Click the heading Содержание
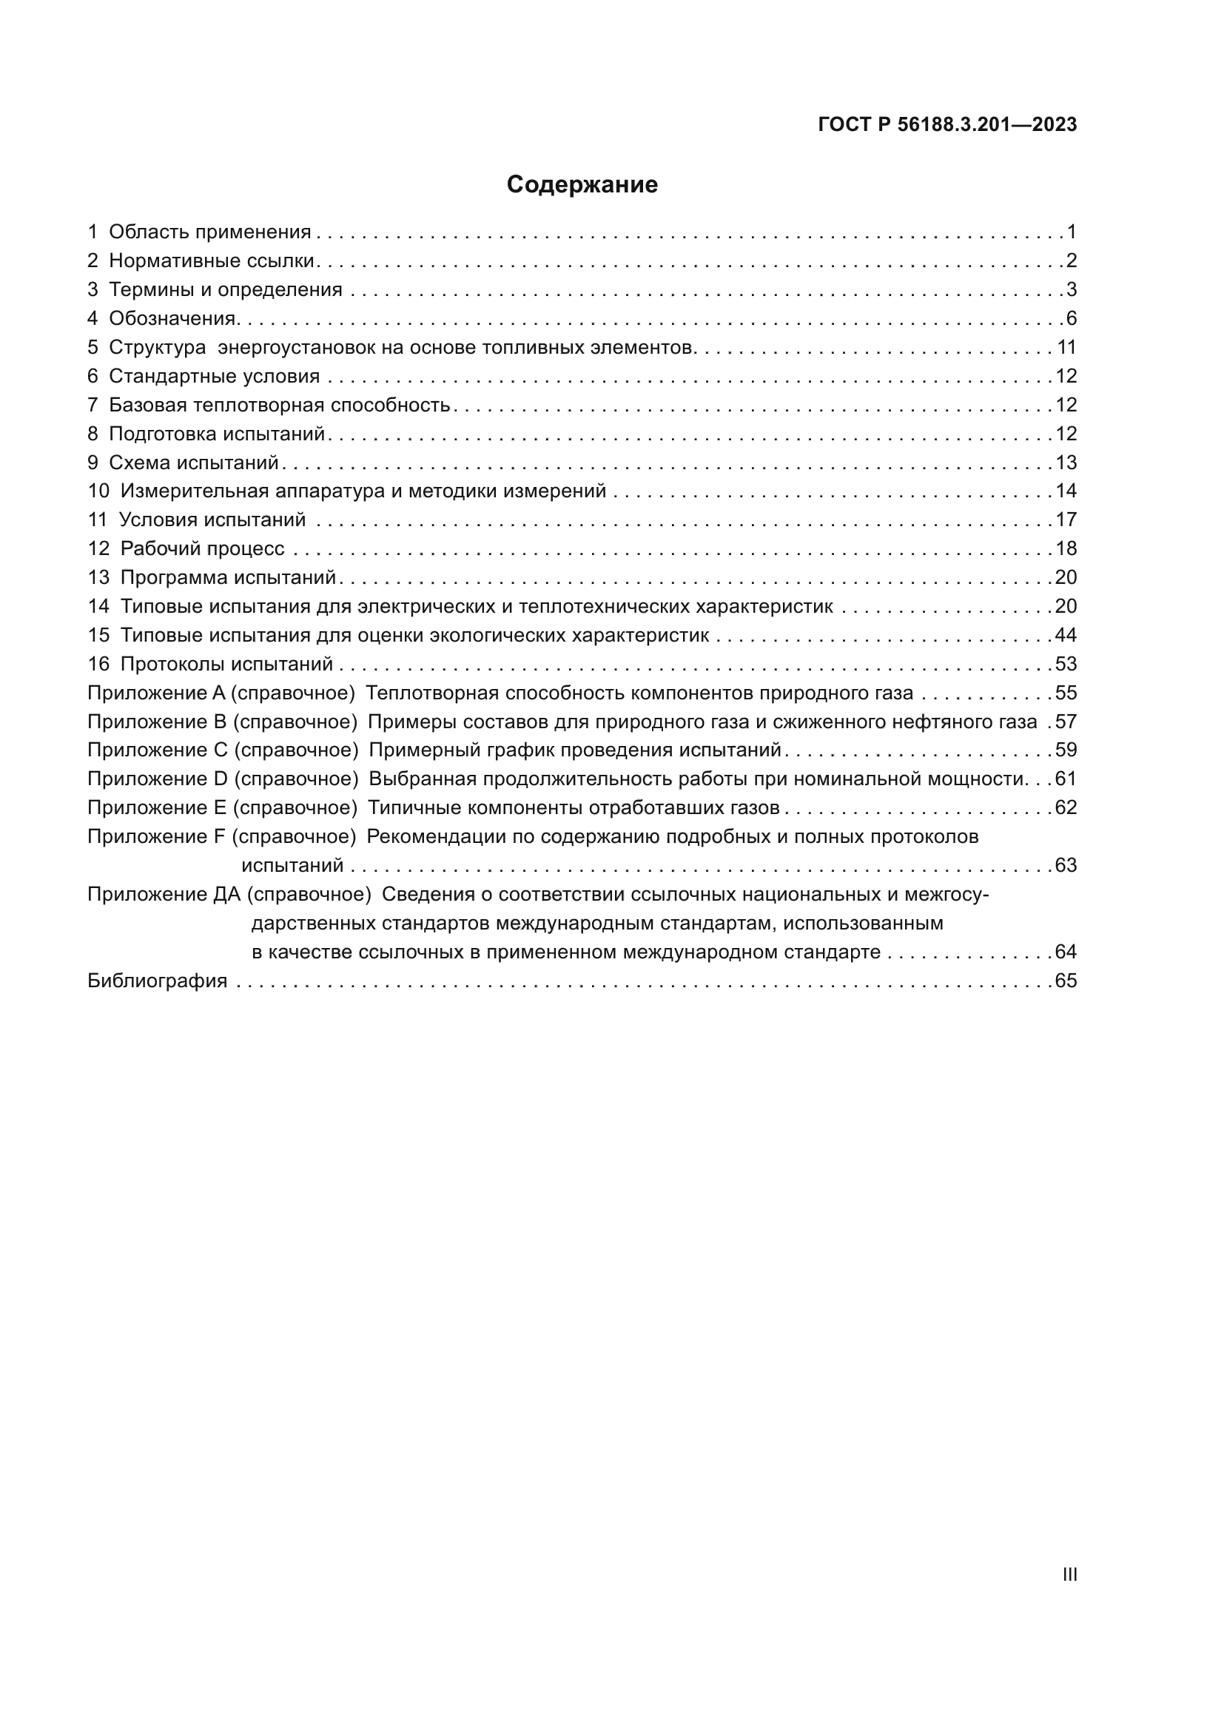pos(582,185)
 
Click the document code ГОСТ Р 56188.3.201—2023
pos(947,125)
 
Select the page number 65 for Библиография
pos(1066,981)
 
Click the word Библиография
pos(158,981)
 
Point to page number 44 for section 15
pos(1066,635)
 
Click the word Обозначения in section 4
pos(172,318)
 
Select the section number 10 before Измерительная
pos(98,491)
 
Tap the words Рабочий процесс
pos(202,549)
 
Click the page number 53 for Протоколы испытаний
pos(1066,664)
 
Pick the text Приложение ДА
pos(164,894)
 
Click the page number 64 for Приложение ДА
pos(1066,952)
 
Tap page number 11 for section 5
pos(1066,348)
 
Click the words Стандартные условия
pos(214,376)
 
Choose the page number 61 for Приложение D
pos(1066,779)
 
